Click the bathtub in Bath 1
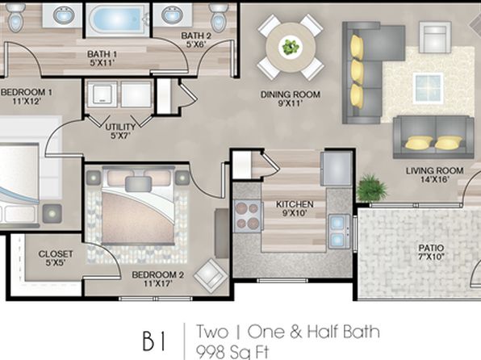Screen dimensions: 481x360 point(117,19)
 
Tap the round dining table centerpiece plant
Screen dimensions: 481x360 point(291,47)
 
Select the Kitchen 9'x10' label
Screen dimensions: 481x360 point(295,208)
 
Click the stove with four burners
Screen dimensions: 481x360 point(247,215)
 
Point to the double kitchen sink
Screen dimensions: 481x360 point(339,232)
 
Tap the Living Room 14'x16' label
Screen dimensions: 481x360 point(435,174)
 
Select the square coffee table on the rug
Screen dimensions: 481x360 point(428,88)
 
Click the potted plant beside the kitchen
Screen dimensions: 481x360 point(371,187)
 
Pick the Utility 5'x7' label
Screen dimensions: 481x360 point(120,131)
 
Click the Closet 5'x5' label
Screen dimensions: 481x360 point(56,257)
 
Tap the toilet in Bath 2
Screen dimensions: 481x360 point(219,18)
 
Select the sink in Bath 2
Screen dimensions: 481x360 point(173,15)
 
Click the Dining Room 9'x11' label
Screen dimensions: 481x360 point(291,98)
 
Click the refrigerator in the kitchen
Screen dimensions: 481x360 point(337,169)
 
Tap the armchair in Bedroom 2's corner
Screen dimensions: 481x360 point(211,274)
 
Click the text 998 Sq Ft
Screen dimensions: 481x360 point(232,352)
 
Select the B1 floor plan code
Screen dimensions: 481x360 point(154,341)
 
